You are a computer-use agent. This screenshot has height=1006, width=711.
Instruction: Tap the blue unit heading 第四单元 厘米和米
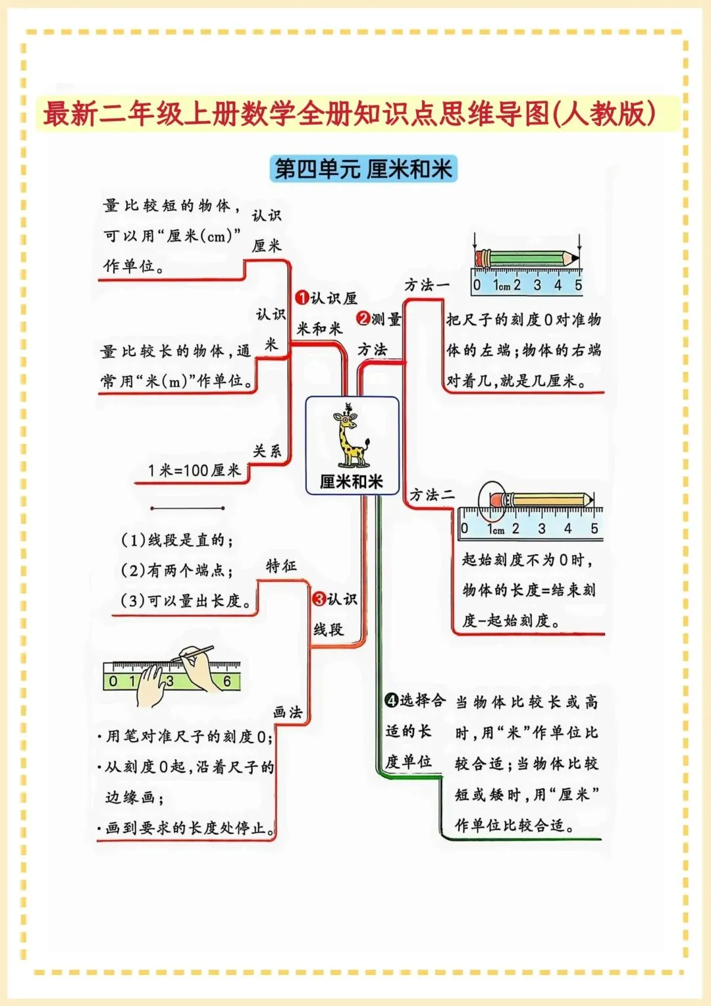(x=363, y=169)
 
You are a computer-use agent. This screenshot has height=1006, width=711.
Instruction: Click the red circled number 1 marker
(x=302, y=298)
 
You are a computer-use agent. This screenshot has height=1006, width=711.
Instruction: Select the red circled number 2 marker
(x=364, y=319)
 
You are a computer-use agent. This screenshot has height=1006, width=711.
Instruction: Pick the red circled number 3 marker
(x=319, y=599)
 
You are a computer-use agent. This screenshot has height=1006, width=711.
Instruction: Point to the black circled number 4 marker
(x=392, y=701)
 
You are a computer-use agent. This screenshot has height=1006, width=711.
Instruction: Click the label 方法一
(x=426, y=285)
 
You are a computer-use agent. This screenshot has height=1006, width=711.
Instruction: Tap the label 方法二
(x=431, y=494)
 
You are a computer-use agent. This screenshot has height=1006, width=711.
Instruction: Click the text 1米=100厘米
(x=194, y=470)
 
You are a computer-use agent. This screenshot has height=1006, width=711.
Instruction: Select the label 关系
(x=267, y=451)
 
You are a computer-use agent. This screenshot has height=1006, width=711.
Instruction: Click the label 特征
(x=281, y=566)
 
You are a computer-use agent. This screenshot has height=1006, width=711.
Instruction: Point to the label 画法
(x=287, y=712)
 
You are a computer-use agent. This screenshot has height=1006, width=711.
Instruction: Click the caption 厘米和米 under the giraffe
(x=352, y=482)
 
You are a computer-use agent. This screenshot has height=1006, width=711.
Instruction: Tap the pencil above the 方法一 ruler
(x=526, y=257)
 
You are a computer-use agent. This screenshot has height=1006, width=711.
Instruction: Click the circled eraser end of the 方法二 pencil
(x=496, y=500)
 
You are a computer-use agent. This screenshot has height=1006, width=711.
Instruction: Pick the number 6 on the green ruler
(x=227, y=681)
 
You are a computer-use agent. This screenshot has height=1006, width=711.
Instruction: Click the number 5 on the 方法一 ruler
(x=578, y=285)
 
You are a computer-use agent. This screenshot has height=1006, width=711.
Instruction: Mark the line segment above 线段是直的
(x=188, y=508)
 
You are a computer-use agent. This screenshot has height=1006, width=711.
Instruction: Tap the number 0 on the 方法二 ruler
(x=465, y=529)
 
